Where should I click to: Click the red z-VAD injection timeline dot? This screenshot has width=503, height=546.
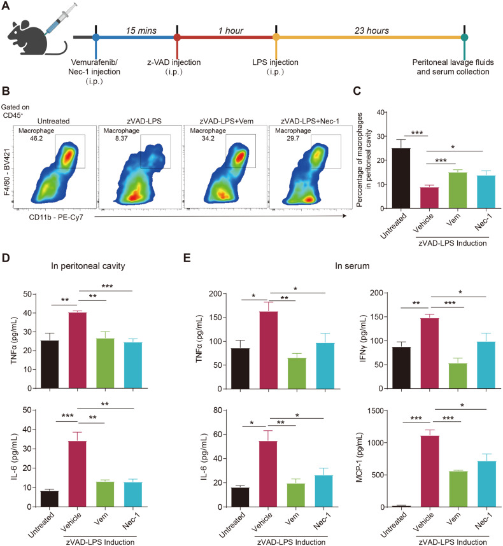click(177, 38)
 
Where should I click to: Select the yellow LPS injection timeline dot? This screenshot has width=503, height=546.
click(275, 38)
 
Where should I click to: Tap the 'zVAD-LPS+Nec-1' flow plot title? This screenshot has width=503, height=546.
click(304, 122)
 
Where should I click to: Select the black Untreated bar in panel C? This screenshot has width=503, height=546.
click(400, 178)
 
